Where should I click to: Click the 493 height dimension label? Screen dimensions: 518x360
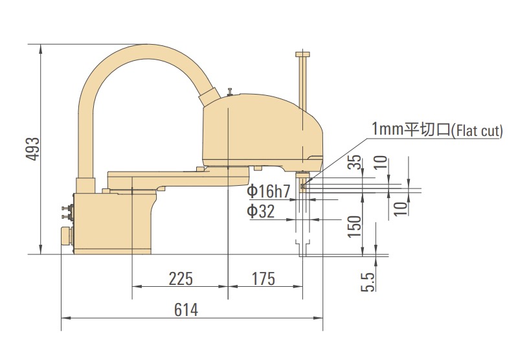[x=33, y=150]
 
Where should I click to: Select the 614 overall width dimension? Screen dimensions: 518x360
[x=186, y=309]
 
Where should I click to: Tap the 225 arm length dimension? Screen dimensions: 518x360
[x=181, y=278]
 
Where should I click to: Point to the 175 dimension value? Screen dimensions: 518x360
[x=264, y=278]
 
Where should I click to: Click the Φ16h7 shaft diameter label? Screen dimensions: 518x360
[x=269, y=191]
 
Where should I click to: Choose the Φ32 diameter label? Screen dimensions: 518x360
[x=261, y=211]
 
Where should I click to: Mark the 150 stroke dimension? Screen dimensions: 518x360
[x=354, y=226]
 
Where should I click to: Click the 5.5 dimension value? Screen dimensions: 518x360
[x=368, y=282]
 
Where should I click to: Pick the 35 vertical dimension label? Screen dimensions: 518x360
[x=354, y=162]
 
